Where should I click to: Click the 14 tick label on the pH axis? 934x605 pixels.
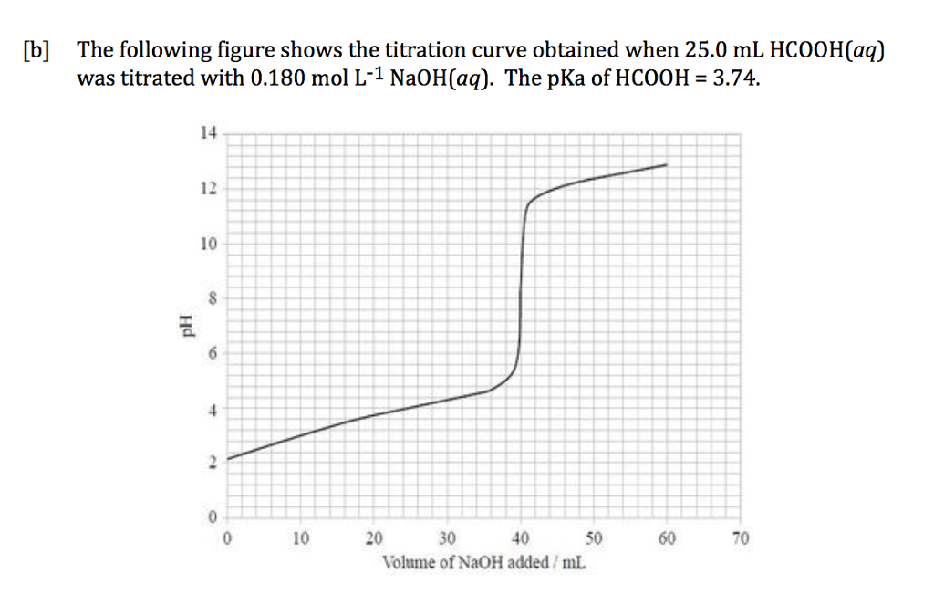pyautogui.click(x=208, y=133)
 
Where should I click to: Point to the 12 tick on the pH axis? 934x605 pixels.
pyautogui.click(x=208, y=189)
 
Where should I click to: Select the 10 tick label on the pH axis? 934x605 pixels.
pyautogui.click(x=208, y=245)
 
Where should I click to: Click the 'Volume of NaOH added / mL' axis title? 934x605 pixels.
pyautogui.click(x=483, y=561)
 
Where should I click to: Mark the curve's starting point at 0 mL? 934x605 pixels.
pyautogui.click(x=228, y=458)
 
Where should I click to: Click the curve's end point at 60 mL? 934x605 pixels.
pyautogui.click(x=667, y=165)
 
